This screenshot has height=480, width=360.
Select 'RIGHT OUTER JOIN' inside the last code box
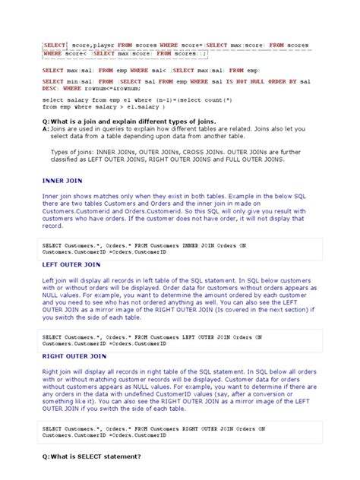207,429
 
